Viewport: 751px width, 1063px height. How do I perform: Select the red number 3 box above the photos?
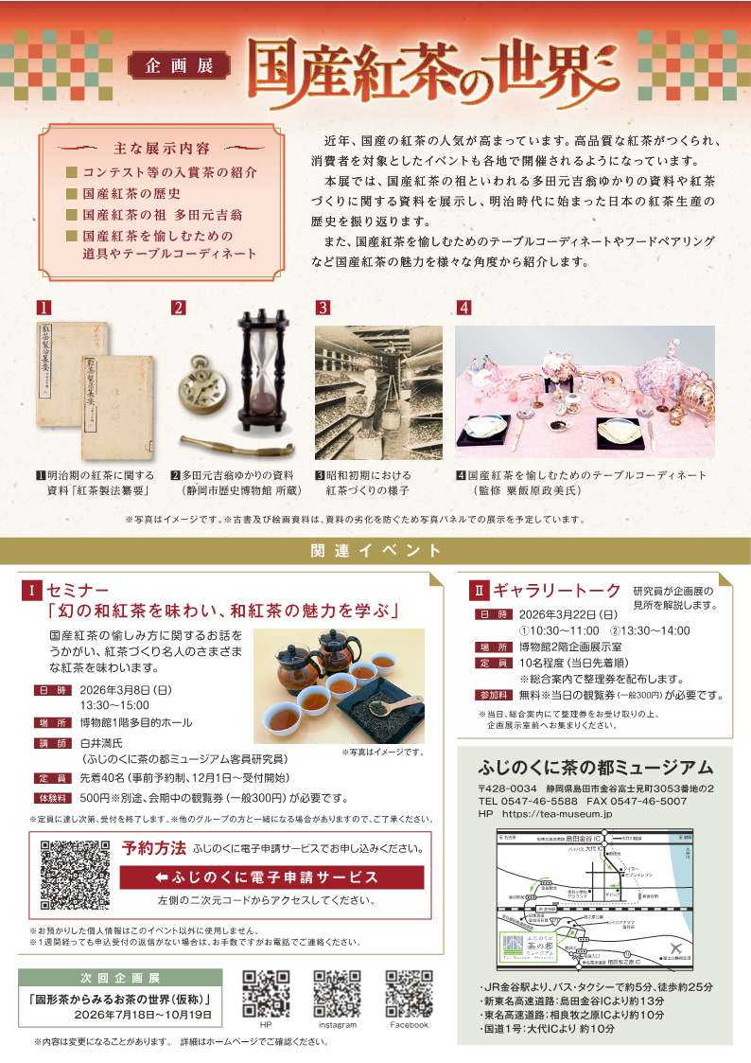pyautogui.click(x=322, y=308)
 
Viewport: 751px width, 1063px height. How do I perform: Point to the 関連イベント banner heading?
pyautogui.click(x=375, y=550)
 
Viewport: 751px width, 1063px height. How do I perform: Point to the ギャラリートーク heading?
pyautogui.click(x=556, y=591)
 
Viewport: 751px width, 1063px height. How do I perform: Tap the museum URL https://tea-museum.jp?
pyautogui.click(x=550, y=814)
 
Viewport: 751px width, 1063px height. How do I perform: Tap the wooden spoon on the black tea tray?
pyautogui.click(x=396, y=705)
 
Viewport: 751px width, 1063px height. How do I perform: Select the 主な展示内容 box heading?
pyautogui.click(x=162, y=149)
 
